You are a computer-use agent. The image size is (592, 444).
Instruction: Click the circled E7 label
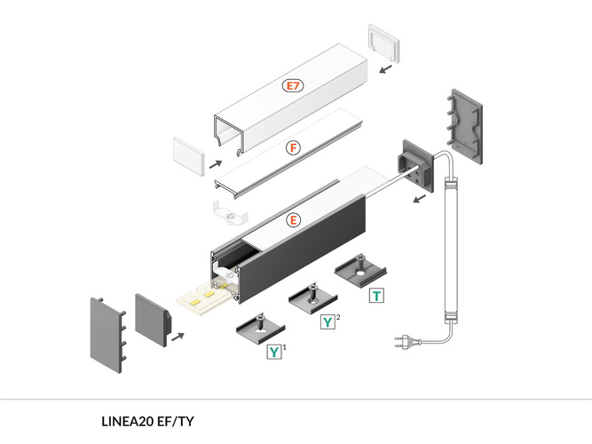(293, 86)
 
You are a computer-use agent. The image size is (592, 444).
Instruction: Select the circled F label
(293, 148)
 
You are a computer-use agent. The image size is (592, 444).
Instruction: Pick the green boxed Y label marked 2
(328, 321)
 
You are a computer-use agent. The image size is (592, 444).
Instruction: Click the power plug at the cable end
(399, 340)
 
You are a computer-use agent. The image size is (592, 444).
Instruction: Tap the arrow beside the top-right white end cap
(383, 67)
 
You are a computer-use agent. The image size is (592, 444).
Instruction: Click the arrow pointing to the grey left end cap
(178, 337)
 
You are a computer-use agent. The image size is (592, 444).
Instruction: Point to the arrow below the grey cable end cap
(414, 199)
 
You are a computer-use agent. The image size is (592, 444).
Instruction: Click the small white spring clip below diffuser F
(229, 214)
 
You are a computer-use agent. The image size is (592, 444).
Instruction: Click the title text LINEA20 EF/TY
(147, 421)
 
